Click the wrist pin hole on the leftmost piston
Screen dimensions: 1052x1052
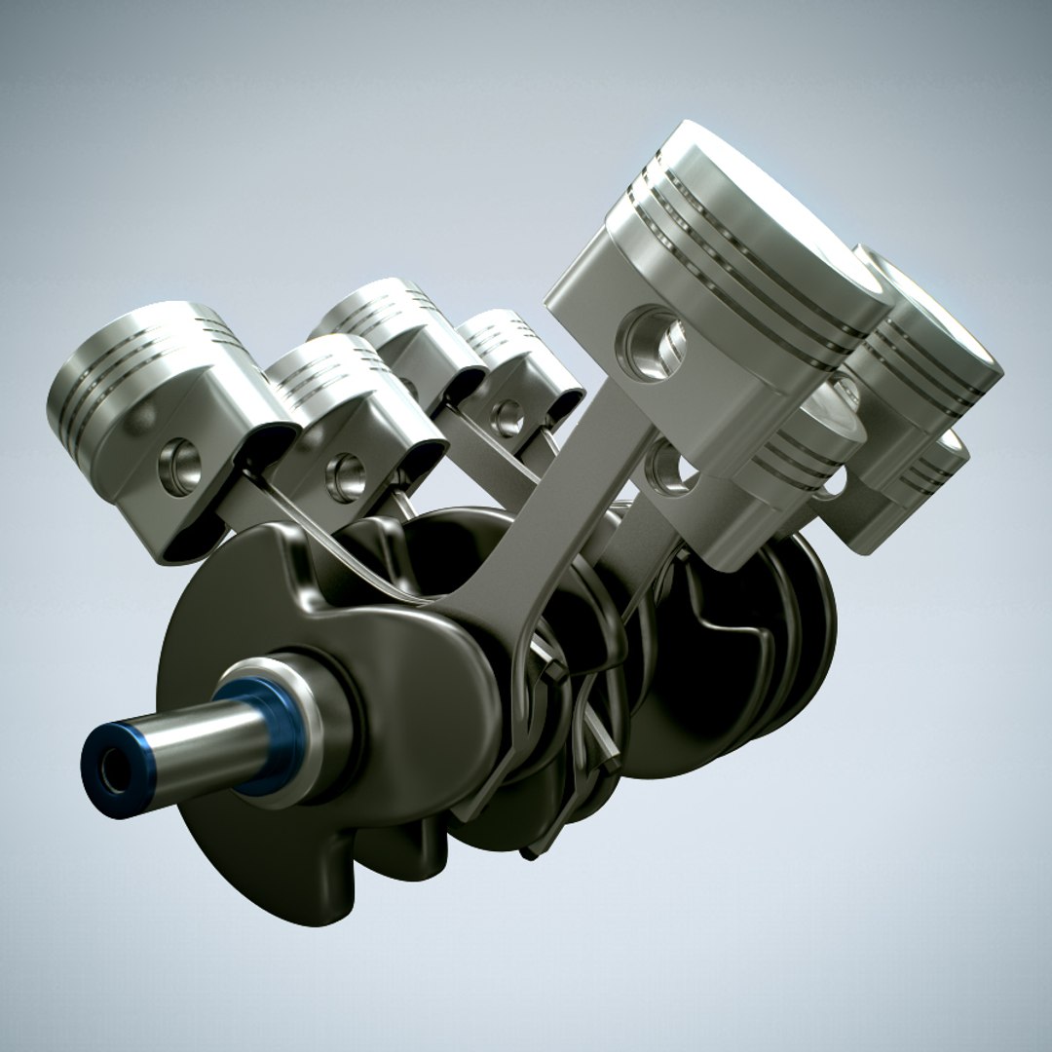(x=180, y=466)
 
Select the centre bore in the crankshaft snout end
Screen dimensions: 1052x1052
(x=113, y=772)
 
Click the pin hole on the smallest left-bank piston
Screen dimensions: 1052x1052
(x=507, y=418)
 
